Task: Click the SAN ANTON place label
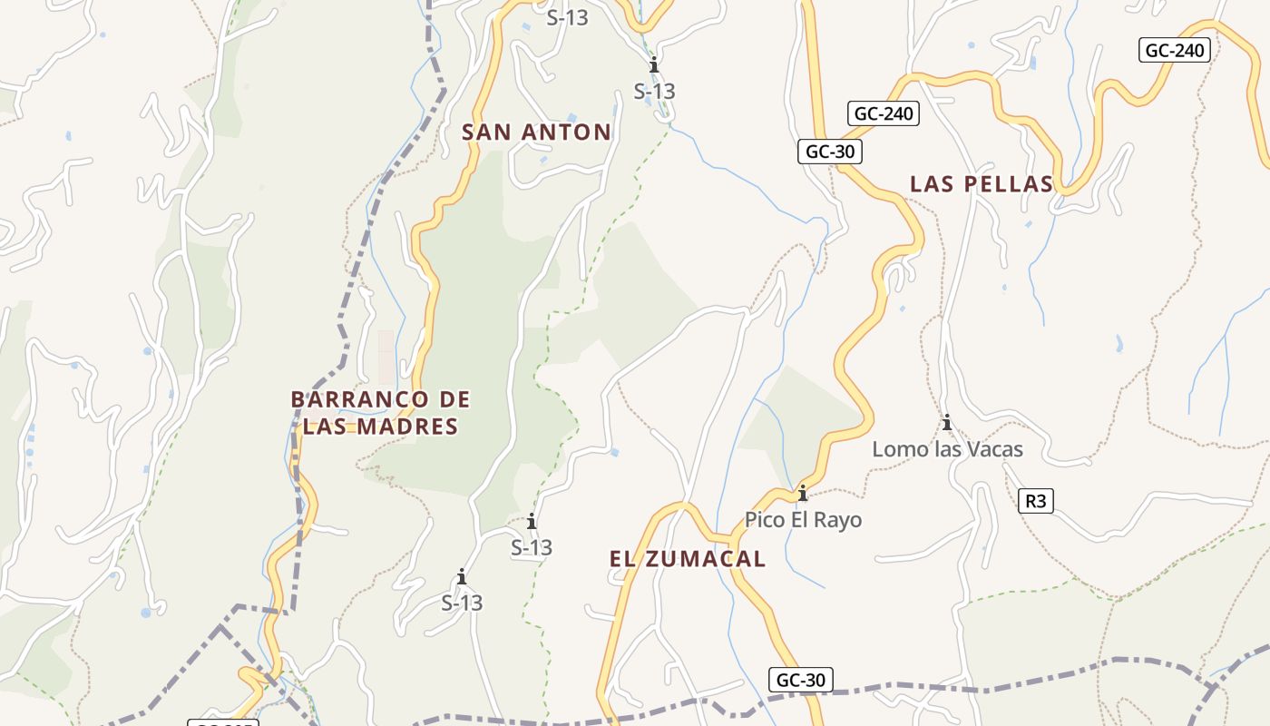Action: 536,132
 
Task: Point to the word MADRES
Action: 406,427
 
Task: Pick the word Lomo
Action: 898,449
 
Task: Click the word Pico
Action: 764,520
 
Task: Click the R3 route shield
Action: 1036,501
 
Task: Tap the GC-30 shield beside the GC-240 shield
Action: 829,152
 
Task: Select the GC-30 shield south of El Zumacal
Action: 801,680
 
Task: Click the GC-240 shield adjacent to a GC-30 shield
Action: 884,113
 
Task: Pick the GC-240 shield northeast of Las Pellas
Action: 1175,50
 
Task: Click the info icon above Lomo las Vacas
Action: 947,423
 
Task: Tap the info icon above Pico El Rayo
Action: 802,494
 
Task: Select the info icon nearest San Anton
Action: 653,65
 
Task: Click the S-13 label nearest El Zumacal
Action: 532,548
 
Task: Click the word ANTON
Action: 567,132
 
